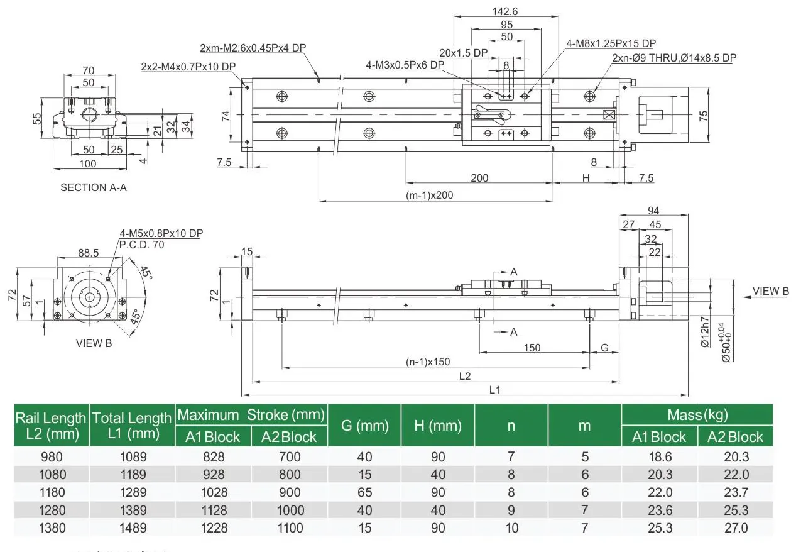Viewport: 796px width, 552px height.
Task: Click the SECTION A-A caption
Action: pyautogui.click(x=93, y=187)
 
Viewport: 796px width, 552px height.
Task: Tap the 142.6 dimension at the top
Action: pyautogui.click(x=506, y=11)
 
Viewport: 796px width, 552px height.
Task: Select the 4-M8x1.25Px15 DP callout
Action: pyautogui.click(x=611, y=43)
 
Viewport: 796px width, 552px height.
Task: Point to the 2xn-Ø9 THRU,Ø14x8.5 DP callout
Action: pyautogui.click(x=673, y=58)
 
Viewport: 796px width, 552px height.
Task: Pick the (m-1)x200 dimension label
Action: pyautogui.click(x=429, y=195)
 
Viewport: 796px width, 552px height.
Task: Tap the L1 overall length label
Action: pyautogui.click(x=495, y=390)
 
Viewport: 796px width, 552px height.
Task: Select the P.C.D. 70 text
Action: pyautogui.click(x=141, y=245)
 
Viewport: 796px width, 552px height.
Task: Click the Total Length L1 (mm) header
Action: pyautogui.click(x=132, y=425)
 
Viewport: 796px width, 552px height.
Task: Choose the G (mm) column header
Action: pyautogui.click(x=364, y=426)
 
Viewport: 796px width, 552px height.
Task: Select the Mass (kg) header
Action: pyautogui.click(x=697, y=414)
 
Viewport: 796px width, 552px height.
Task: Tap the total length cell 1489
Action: pyautogui.click(x=133, y=528)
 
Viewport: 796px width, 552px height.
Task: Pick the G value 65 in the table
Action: pyautogui.click(x=364, y=492)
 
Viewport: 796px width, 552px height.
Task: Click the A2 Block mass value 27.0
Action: pyautogui.click(x=736, y=528)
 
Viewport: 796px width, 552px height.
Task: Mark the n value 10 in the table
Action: pyautogui.click(x=512, y=528)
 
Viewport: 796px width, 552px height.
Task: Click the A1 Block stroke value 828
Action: pyautogui.click(x=214, y=457)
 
